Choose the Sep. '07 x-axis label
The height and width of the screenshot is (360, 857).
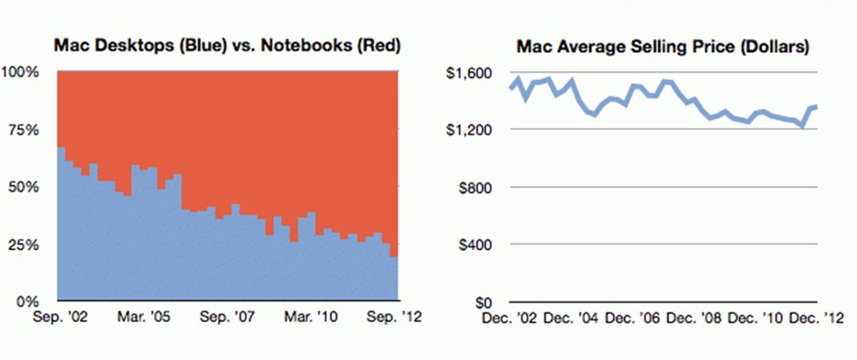pos(226,317)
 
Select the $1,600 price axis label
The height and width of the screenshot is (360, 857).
pos(470,72)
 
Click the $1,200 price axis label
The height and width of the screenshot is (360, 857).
pos(470,130)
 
